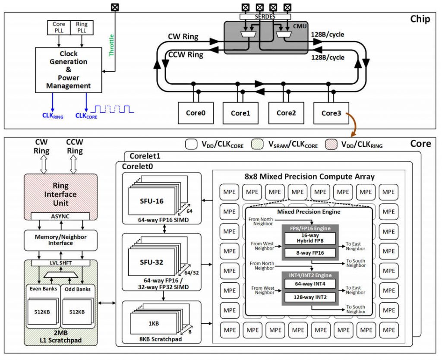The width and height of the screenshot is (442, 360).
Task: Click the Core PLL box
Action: click(x=59, y=27)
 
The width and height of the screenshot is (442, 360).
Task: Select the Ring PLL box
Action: click(x=81, y=27)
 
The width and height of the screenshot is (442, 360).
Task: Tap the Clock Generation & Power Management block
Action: click(x=69, y=70)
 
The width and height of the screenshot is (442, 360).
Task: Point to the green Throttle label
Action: click(x=111, y=45)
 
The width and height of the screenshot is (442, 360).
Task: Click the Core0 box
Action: click(x=196, y=113)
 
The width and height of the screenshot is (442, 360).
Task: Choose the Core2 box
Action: click(x=285, y=113)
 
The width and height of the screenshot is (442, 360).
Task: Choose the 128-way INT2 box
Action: click(x=310, y=297)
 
